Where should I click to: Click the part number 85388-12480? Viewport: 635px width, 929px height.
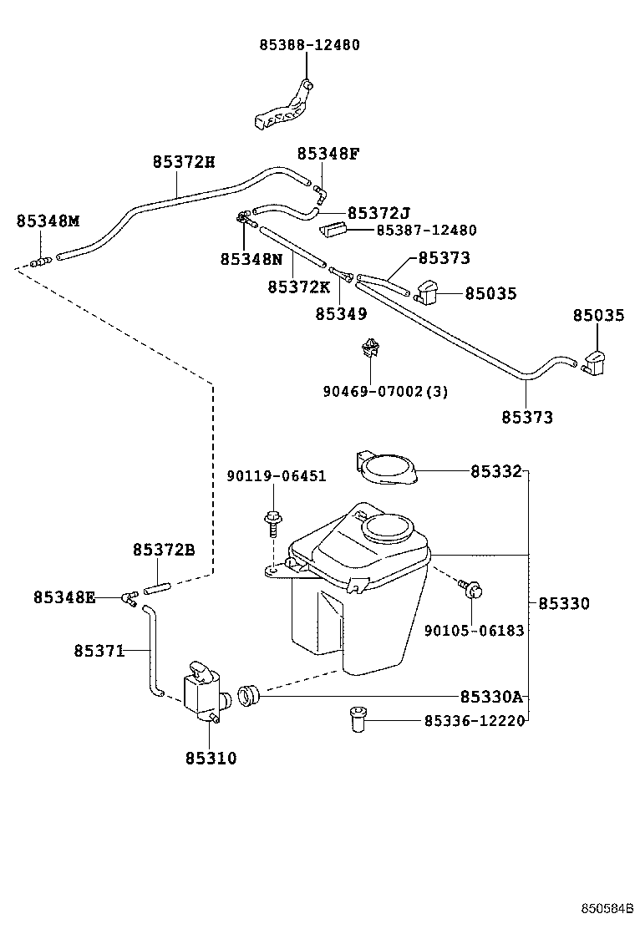[309, 45]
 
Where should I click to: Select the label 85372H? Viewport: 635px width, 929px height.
[183, 162]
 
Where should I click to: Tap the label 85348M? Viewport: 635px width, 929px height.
[48, 221]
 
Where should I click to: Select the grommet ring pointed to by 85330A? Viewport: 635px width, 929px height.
[250, 693]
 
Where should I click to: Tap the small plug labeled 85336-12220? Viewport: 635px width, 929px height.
[357, 718]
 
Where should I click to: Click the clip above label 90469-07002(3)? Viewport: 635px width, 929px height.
[368, 348]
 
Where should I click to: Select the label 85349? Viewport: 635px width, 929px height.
[340, 313]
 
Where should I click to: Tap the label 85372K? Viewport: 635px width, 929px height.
[298, 287]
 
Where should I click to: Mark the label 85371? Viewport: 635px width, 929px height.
[99, 650]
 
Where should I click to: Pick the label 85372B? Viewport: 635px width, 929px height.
[163, 550]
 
